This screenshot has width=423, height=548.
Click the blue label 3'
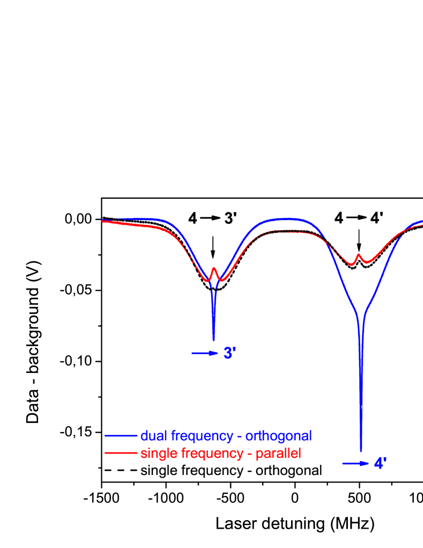(229, 353)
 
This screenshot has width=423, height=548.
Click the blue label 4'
(380, 464)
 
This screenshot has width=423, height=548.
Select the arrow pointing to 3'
(204, 353)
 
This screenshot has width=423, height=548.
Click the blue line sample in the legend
(121, 436)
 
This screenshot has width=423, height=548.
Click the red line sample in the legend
(121, 454)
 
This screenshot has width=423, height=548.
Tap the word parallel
(278, 454)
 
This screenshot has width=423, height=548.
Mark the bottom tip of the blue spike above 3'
(214, 340)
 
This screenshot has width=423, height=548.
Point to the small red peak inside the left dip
(214, 268)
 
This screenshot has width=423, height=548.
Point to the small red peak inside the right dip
(359, 254)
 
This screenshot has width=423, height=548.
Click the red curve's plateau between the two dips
(284, 231)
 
